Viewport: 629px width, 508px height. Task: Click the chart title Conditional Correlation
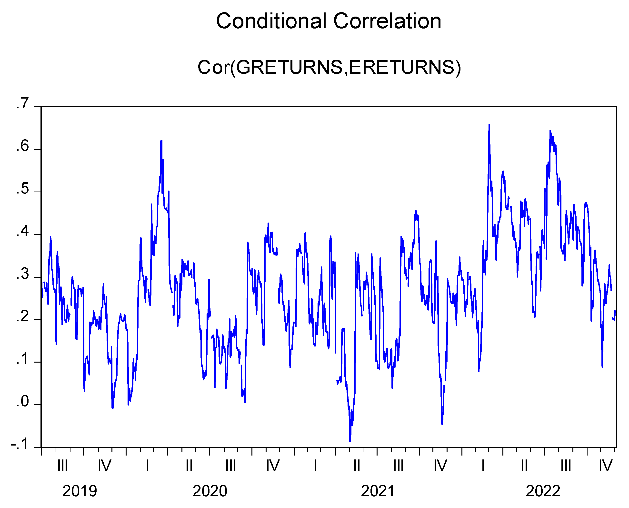pyautogui.click(x=328, y=21)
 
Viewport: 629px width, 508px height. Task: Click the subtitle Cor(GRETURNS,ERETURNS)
pyautogui.click(x=329, y=67)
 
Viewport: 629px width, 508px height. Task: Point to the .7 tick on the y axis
pyautogui.click(x=23, y=104)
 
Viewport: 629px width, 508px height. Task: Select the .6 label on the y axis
pyautogui.click(x=23, y=146)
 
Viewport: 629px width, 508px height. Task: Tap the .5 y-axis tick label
pyautogui.click(x=23, y=189)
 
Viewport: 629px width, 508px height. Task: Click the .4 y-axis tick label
pyautogui.click(x=23, y=232)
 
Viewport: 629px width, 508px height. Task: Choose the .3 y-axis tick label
pyautogui.click(x=23, y=274)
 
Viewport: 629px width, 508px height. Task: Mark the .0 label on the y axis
pyautogui.click(x=23, y=402)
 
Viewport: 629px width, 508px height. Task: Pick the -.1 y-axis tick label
pyautogui.click(x=20, y=445)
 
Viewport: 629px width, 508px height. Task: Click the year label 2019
pyautogui.click(x=80, y=491)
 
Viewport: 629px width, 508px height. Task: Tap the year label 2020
pyautogui.click(x=210, y=491)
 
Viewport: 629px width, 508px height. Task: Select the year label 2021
pyautogui.click(x=378, y=491)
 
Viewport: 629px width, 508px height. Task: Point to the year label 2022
pyautogui.click(x=543, y=491)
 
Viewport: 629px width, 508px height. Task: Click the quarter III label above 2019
pyautogui.click(x=63, y=465)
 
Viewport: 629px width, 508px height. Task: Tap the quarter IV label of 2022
pyautogui.click(x=605, y=465)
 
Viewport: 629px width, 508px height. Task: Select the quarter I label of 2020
pyautogui.click(x=147, y=465)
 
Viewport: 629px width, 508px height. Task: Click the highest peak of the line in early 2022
pyautogui.click(x=489, y=125)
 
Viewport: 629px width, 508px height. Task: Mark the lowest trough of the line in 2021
pyautogui.click(x=350, y=441)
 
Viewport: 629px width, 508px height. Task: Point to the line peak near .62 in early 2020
pyautogui.click(x=161, y=141)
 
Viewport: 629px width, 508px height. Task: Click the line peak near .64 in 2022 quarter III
pyautogui.click(x=550, y=131)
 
